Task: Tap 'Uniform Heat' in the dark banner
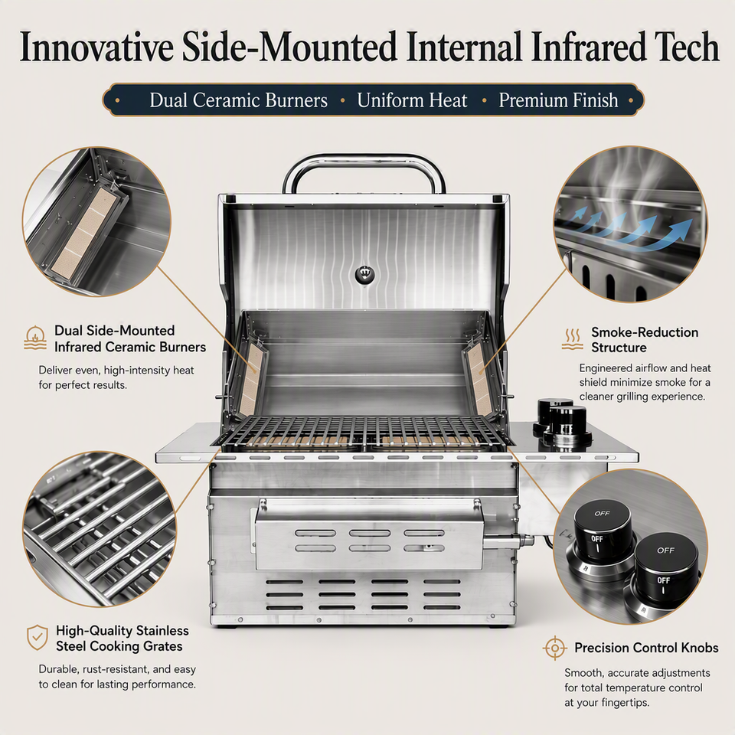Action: tap(412, 100)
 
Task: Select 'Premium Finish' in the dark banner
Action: tap(558, 100)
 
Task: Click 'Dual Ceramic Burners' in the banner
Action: tap(239, 100)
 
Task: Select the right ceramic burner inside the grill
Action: tap(479, 380)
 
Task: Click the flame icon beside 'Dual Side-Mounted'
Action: tap(35, 338)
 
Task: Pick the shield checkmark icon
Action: tap(37, 637)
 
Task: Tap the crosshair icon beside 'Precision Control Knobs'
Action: tap(554, 648)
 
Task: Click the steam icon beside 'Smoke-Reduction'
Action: tap(572, 339)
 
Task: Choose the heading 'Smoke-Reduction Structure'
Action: tap(645, 340)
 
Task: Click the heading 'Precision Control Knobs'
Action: tap(646, 648)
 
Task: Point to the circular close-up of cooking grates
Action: tap(100, 529)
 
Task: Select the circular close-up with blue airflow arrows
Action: tap(630, 224)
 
